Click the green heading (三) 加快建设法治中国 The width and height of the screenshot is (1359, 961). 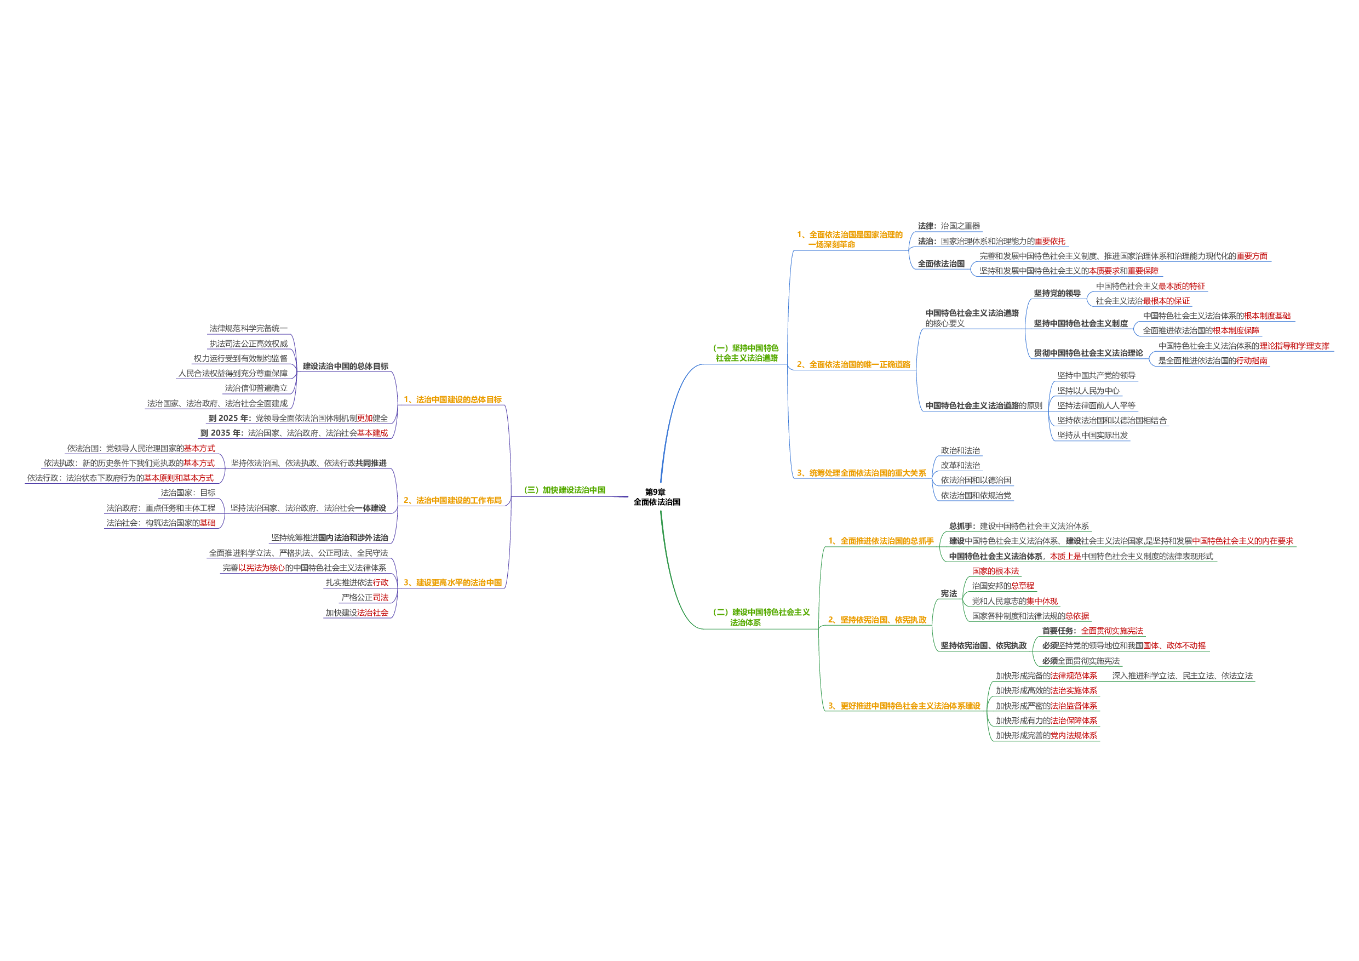(x=565, y=490)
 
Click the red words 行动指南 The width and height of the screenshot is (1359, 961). (x=1252, y=361)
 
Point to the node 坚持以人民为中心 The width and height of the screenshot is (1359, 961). (x=1088, y=391)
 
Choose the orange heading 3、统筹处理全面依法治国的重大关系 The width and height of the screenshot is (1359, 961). (x=861, y=473)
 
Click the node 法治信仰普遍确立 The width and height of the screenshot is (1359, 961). (x=256, y=388)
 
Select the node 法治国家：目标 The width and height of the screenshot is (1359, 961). (x=188, y=493)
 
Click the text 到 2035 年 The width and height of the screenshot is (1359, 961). (x=221, y=433)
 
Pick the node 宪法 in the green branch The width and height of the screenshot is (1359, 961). (x=949, y=594)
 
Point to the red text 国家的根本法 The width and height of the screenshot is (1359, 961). (x=996, y=571)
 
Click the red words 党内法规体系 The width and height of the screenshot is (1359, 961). (x=1074, y=736)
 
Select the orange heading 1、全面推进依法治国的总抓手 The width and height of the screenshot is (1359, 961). (x=881, y=541)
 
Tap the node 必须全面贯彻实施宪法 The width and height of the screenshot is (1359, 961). (x=1081, y=661)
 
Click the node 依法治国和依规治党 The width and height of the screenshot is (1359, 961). (x=976, y=496)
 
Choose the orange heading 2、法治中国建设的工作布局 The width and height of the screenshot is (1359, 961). (x=452, y=501)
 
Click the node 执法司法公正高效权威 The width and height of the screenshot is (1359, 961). (x=249, y=344)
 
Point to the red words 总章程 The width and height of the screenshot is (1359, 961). (x=1022, y=586)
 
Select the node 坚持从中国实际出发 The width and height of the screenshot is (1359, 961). (x=1093, y=436)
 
